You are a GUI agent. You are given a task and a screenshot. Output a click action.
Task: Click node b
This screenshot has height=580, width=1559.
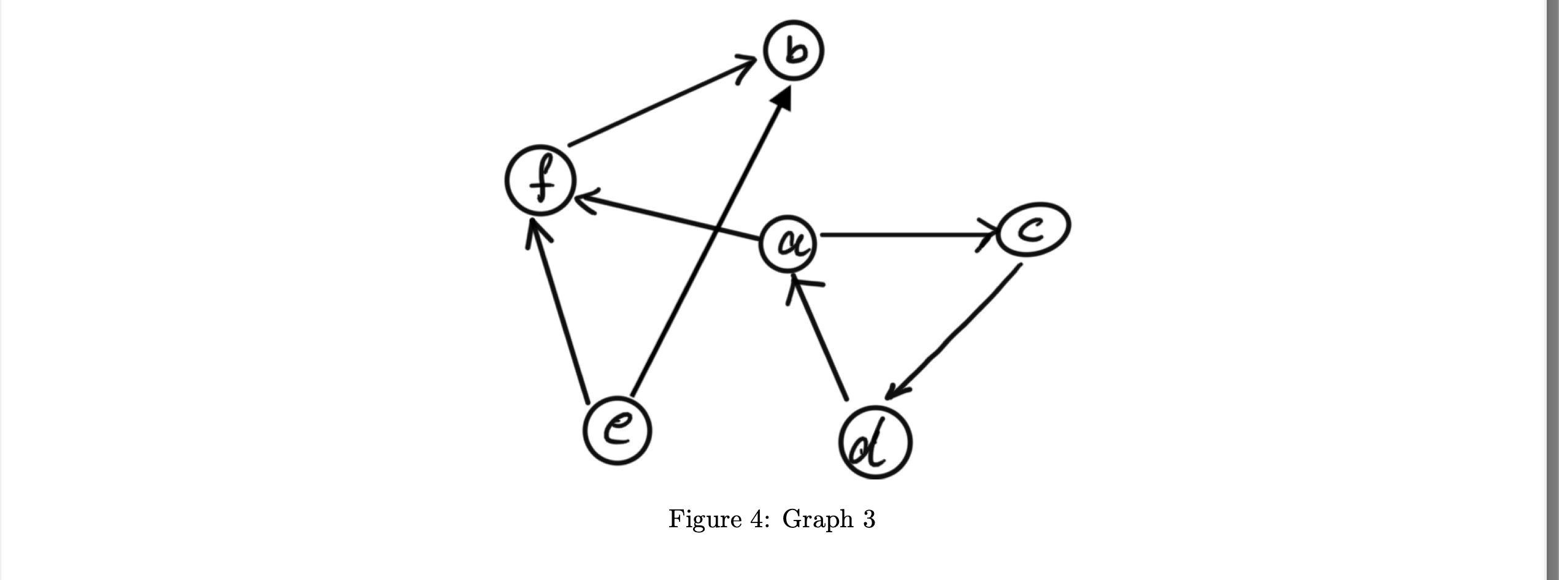[794, 51]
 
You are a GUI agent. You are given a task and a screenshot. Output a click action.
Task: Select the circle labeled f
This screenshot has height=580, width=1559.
[540, 181]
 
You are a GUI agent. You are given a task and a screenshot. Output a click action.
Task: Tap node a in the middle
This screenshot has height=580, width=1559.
[789, 244]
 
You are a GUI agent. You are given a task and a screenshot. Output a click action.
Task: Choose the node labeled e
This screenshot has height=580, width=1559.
[617, 430]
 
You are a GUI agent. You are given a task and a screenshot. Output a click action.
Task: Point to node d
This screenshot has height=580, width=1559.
[875, 442]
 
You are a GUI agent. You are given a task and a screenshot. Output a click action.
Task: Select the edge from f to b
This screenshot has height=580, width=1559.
[656, 105]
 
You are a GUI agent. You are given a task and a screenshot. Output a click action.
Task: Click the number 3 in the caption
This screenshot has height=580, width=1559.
[868, 519]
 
